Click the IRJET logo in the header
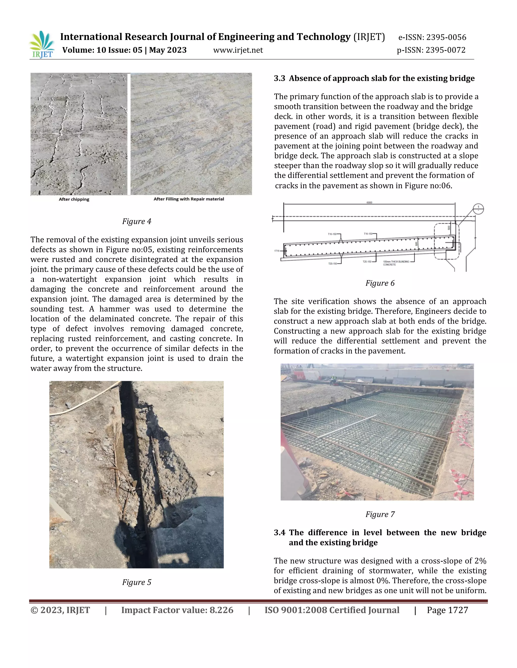click(42, 45)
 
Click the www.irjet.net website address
click(238, 50)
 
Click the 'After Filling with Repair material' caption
click(189, 199)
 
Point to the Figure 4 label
click(137, 221)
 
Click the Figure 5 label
click(137, 582)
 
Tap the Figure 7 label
click(380, 514)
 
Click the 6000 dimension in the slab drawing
click(369, 202)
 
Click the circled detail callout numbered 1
click(478, 209)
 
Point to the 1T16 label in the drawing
click(277, 251)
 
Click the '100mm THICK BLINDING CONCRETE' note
click(396, 263)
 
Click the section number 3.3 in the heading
click(279, 78)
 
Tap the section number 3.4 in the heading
click(279, 532)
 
